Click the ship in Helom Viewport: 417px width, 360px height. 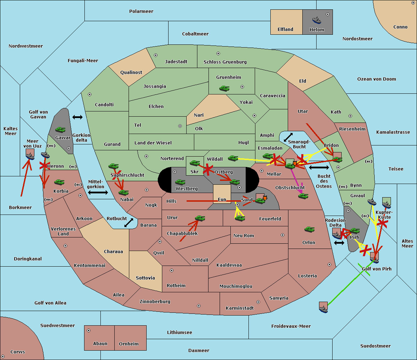317,20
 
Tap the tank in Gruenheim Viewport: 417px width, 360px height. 224,88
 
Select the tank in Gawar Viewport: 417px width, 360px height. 60,129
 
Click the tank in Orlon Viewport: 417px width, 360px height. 310,229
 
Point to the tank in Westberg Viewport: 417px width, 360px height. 180,182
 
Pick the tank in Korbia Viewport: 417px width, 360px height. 59,182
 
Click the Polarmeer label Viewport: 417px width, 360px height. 141,11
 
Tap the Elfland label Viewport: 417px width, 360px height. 285,30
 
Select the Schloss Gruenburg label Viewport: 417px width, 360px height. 225,62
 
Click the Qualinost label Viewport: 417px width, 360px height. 131,72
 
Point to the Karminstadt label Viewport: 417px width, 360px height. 240,308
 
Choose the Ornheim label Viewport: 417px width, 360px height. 129,344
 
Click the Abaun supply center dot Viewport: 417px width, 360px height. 89,330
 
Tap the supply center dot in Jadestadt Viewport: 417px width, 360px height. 156,55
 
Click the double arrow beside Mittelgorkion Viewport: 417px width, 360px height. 98,193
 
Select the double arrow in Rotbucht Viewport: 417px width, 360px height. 129,223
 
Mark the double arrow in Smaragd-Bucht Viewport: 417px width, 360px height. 288,137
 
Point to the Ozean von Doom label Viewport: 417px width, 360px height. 377,79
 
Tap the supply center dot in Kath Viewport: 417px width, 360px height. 350,116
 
